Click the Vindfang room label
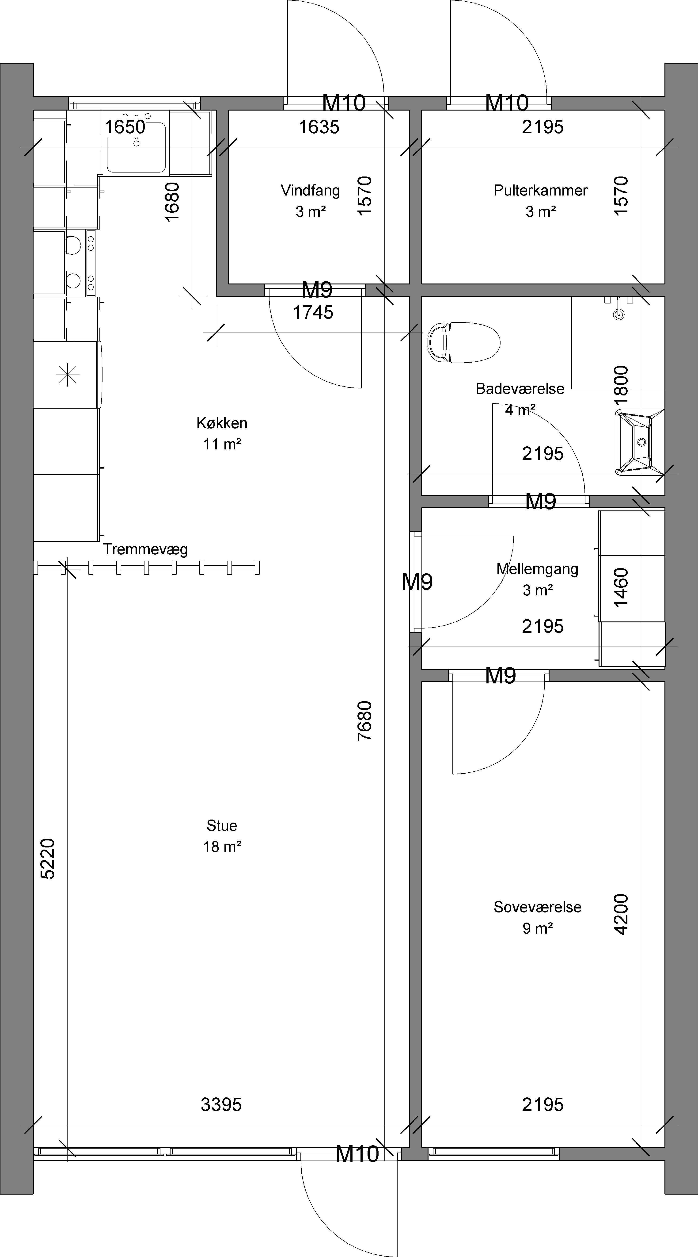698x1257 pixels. tap(310, 190)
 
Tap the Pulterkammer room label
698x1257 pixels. tap(540, 190)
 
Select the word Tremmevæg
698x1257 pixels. tap(145, 549)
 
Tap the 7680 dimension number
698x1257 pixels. tap(365, 721)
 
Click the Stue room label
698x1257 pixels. tap(222, 826)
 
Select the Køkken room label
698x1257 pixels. tap(222, 423)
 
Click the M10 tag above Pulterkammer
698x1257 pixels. tap(507, 103)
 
